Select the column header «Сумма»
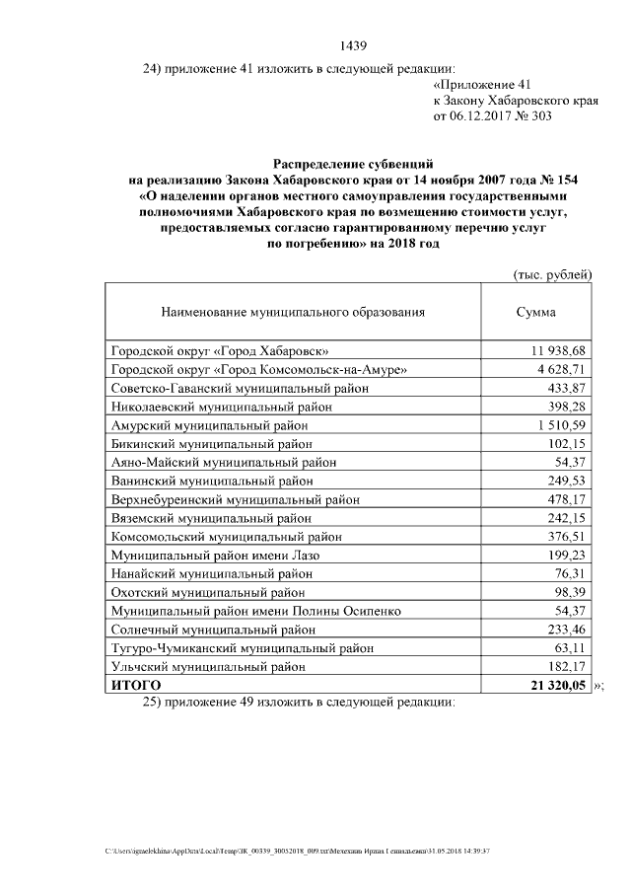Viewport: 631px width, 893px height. pyautogui.click(x=535, y=313)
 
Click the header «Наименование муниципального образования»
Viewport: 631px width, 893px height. pyautogui.click(x=293, y=313)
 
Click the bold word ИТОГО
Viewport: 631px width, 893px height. pyautogui.click(x=135, y=685)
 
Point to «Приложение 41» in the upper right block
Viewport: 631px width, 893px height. pyautogui.click(x=483, y=85)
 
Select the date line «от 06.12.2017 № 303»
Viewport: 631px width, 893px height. pyautogui.click(x=493, y=116)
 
